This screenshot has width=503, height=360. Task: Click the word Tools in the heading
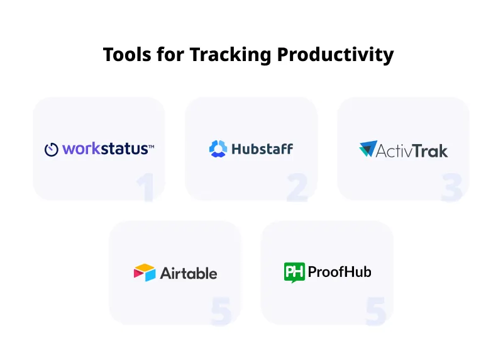point(127,54)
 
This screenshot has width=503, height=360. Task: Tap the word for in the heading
point(170,54)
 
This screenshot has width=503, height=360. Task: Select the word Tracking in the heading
point(230,55)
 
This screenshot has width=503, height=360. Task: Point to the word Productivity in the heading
point(335,55)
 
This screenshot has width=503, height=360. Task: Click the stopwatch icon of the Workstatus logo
point(52,149)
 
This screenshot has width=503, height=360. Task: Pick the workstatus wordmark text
point(105,149)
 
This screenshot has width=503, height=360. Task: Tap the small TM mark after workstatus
point(152,147)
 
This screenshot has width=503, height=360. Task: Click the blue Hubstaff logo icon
point(218,149)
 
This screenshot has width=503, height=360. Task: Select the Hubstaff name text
point(262,149)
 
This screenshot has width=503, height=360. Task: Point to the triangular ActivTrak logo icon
point(368,149)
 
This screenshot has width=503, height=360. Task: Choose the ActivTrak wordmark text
point(412,150)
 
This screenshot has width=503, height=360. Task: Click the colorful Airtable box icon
point(145,273)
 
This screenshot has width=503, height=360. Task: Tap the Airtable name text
point(189,273)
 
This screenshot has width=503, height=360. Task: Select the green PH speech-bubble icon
point(294,273)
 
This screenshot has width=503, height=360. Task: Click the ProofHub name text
point(340,272)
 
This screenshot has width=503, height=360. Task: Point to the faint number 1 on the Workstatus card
point(146,187)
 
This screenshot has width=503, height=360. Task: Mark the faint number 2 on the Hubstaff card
point(297,188)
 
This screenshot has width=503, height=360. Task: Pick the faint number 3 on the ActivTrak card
point(451,188)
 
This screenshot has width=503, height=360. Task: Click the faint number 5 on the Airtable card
point(221,311)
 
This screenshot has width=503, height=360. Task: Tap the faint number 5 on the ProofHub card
point(375,311)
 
